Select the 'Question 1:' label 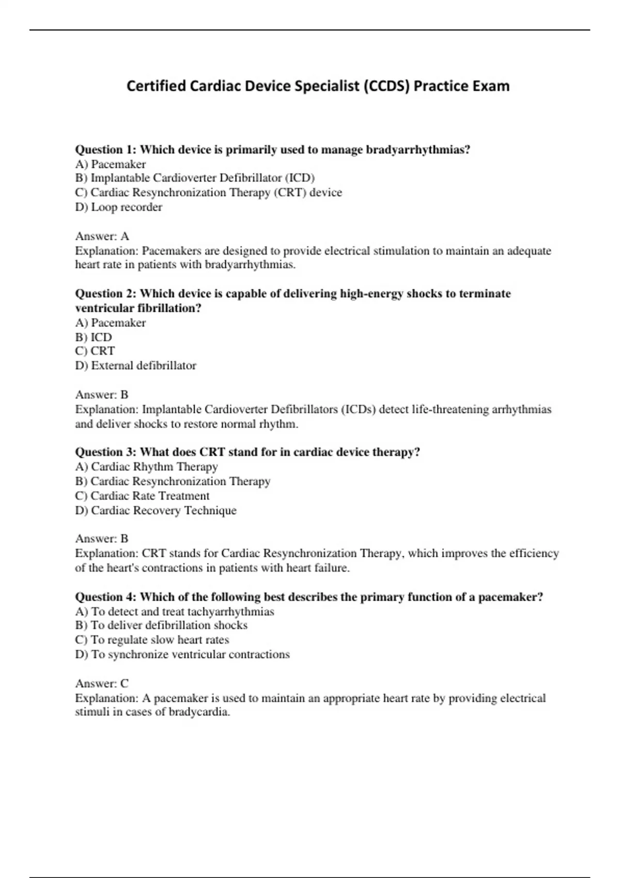click(x=106, y=150)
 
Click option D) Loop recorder click(x=119, y=207)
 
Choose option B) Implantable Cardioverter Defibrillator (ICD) click(x=195, y=178)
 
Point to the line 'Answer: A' click(x=102, y=237)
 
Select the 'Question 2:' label click(x=106, y=294)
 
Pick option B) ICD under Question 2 click(x=94, y=337)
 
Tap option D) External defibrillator click(x=136, y=366)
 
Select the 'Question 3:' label click(x=106, y=452)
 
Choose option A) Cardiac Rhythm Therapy click(x=147, y=467)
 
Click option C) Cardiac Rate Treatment click(x=143, y=496)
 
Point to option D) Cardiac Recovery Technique click(x=156, y=511)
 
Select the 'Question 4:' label click(x=106, y=597)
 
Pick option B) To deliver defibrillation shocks click(x=161, y=625)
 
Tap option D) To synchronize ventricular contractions click(x=182, y=654)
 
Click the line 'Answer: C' click(x=102, y=684)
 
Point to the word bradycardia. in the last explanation click(x=199, y=712)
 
